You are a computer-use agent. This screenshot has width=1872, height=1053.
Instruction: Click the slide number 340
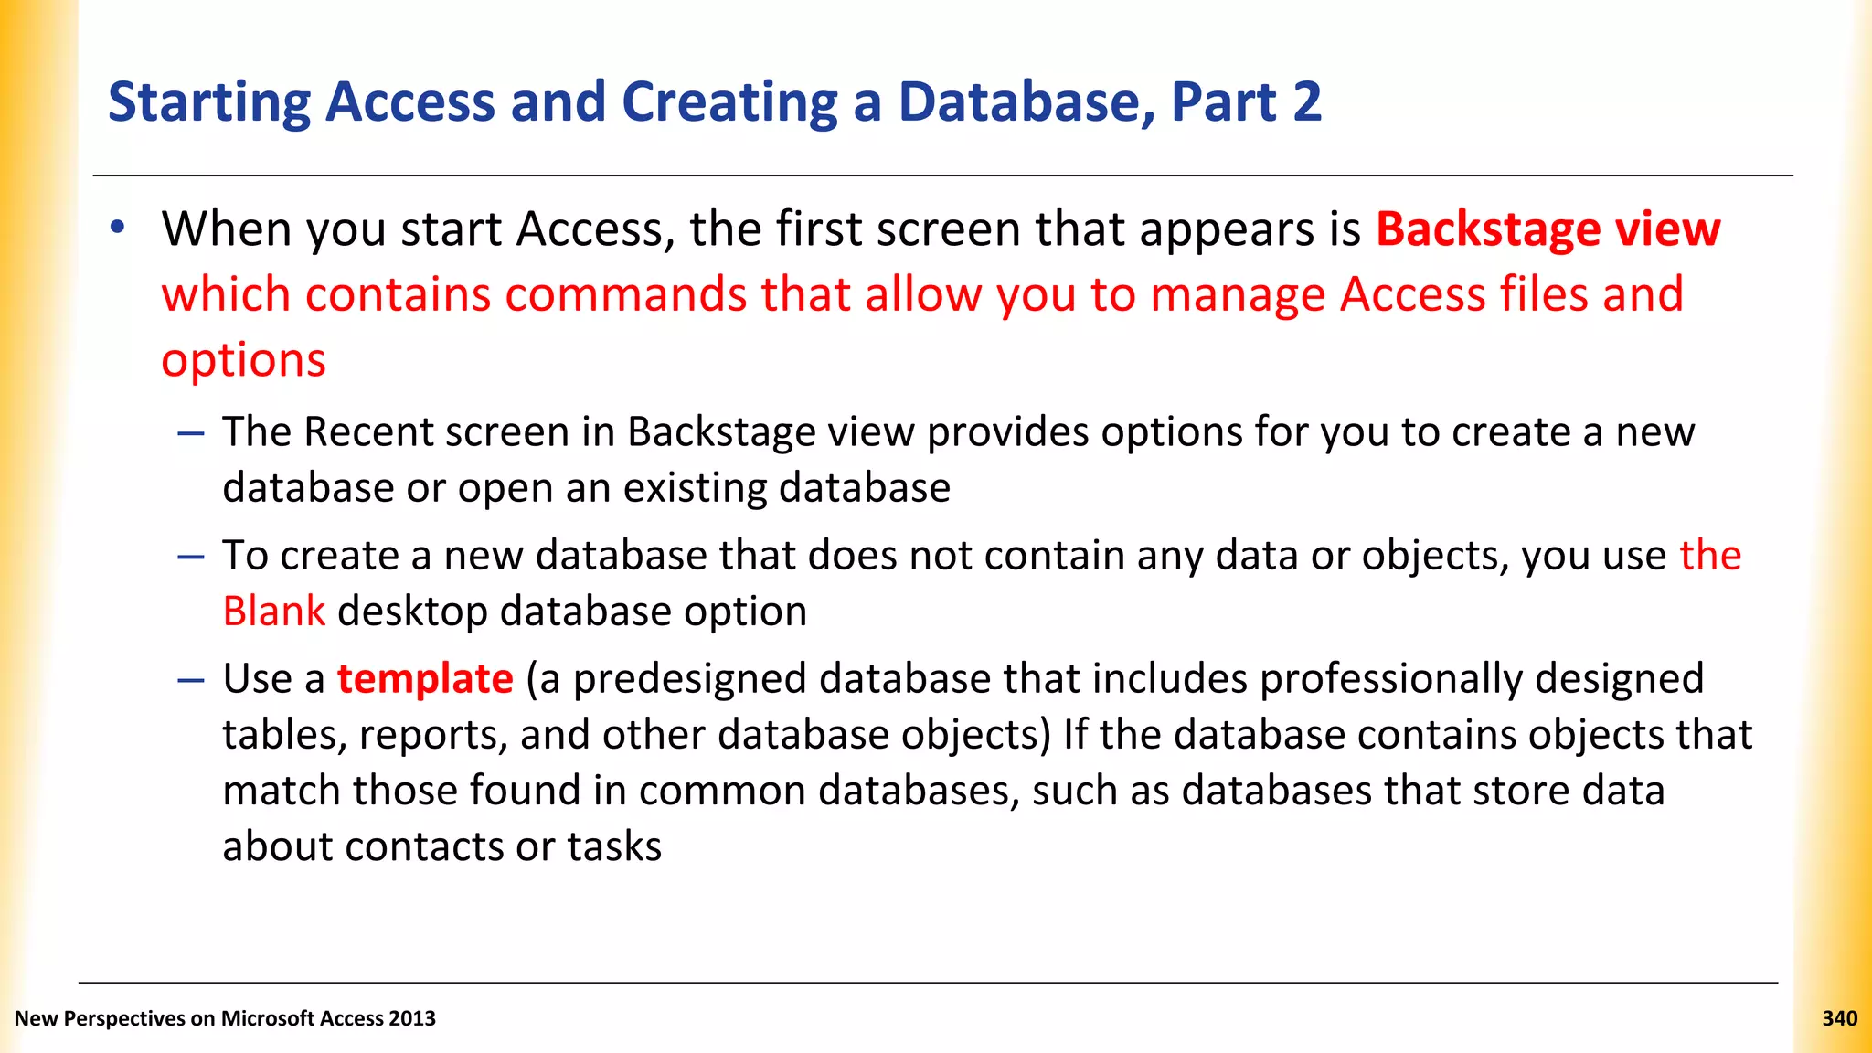[1839, 1018]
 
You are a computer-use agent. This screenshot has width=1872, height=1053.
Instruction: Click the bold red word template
[425, 679]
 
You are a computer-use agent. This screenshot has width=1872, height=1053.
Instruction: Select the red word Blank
[273, 611]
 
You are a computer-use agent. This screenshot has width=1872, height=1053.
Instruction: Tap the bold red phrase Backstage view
[1548, 229]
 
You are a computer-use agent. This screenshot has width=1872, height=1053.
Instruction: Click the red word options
[243, 359]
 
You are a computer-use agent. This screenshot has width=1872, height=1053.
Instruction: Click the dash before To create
[191, 556]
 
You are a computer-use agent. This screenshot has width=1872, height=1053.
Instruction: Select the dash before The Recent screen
[191, 431]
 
